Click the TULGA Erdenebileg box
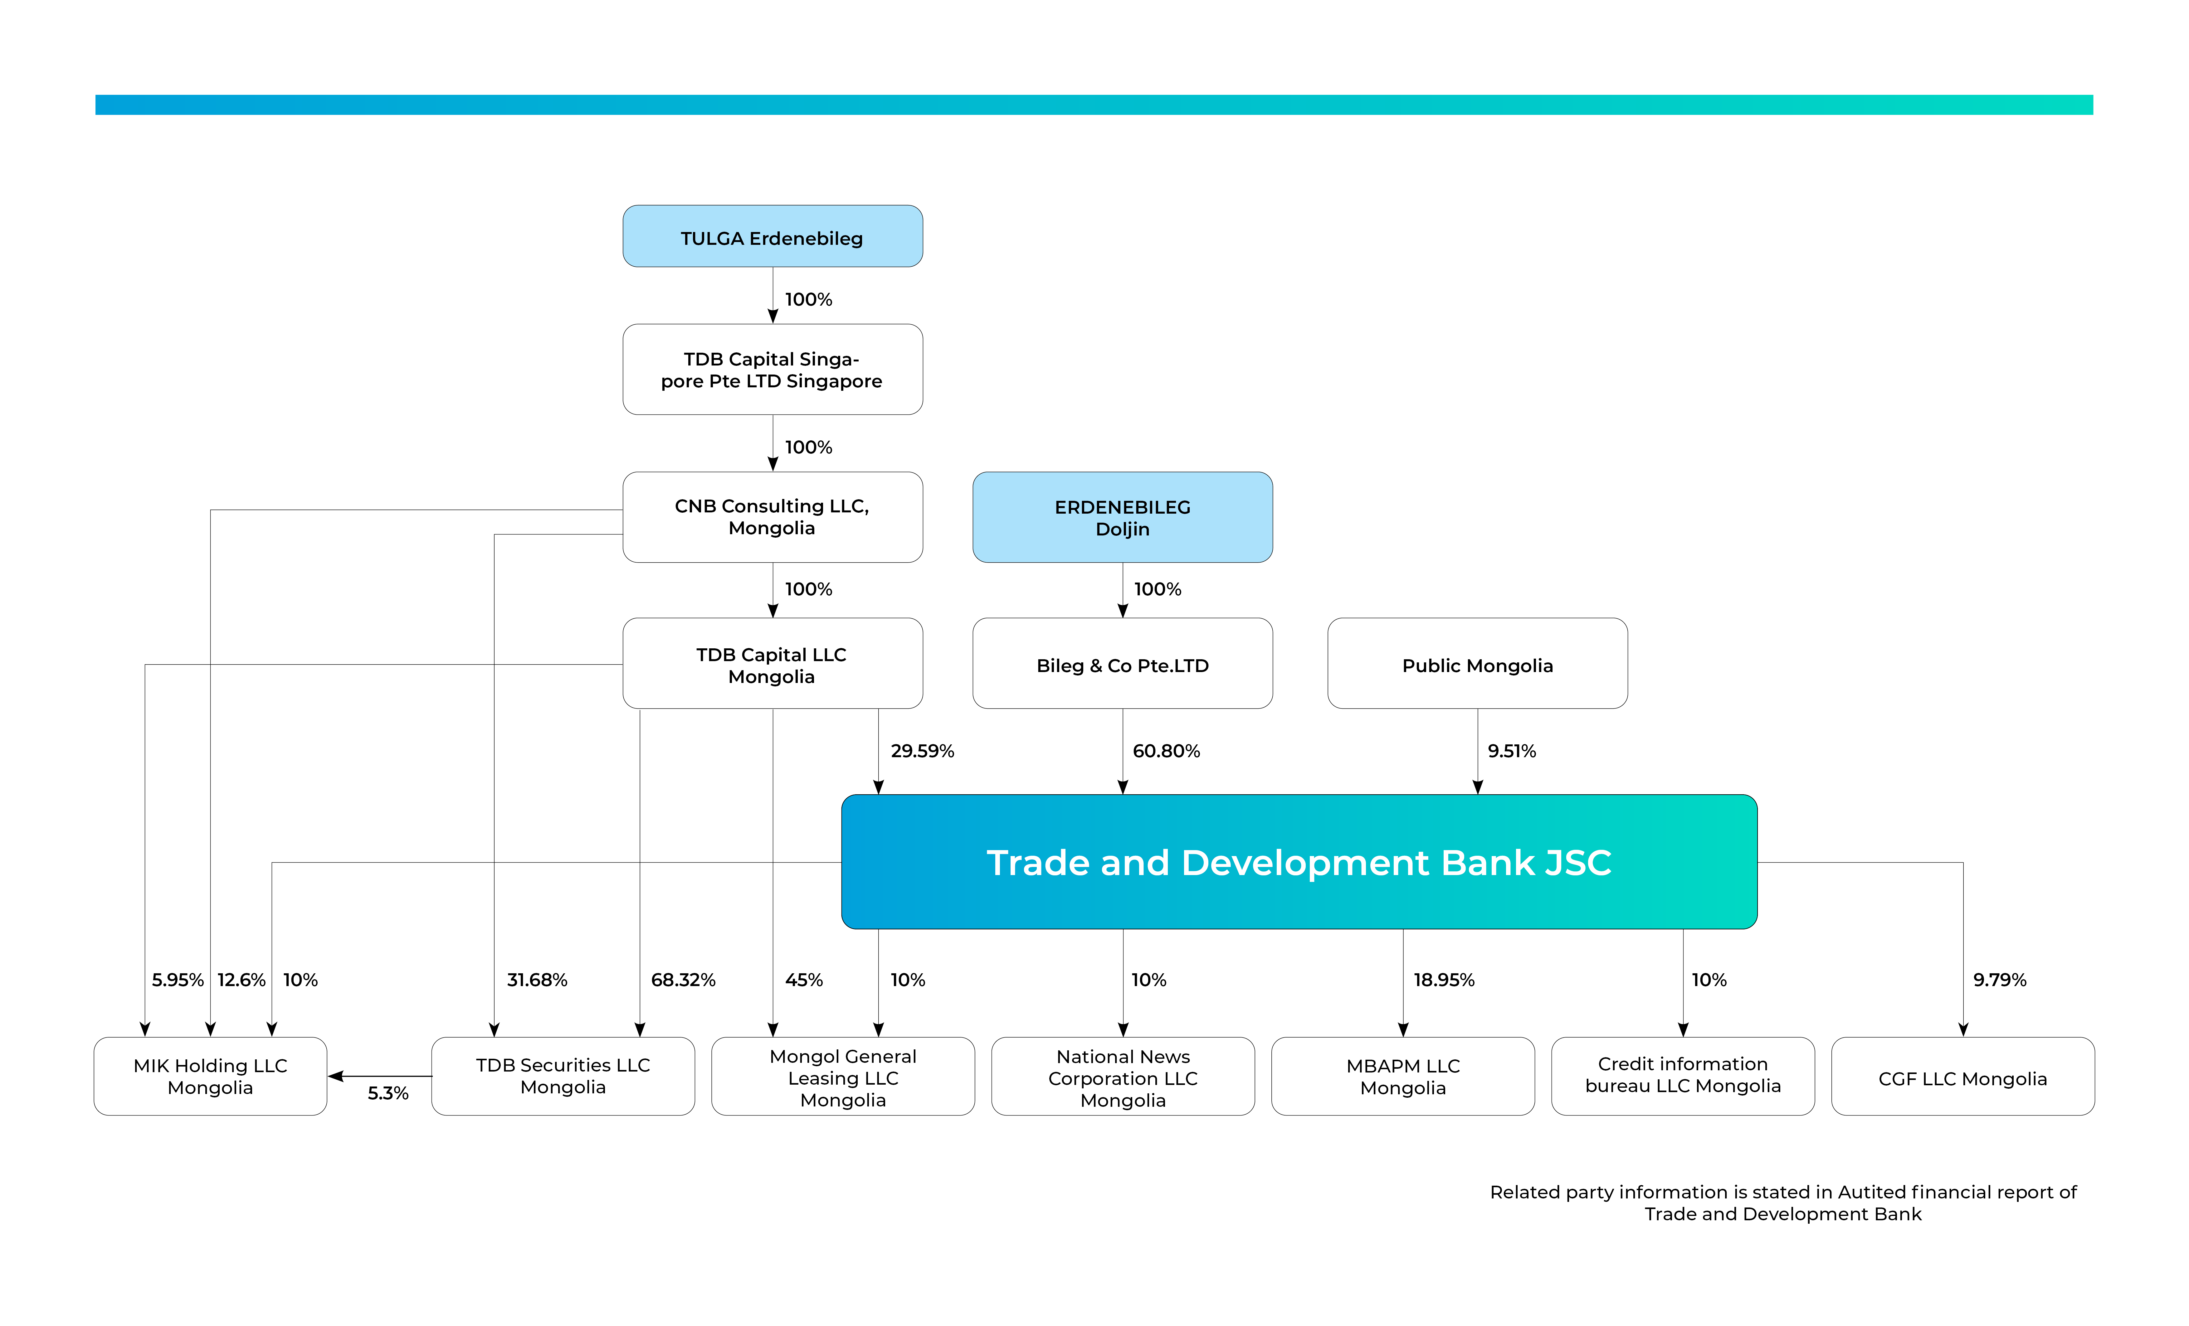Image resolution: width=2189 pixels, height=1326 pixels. point(772,236)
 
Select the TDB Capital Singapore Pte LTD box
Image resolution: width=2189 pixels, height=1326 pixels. point(772,370)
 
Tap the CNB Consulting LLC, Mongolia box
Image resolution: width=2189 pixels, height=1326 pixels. point(772,517)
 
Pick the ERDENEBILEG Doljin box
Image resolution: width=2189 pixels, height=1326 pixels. point(1122,517)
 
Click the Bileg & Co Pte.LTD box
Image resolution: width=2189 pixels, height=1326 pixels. point(1122,663)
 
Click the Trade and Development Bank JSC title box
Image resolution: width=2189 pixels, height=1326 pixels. point(1299,862)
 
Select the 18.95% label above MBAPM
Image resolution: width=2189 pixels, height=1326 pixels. point(1444,980)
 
